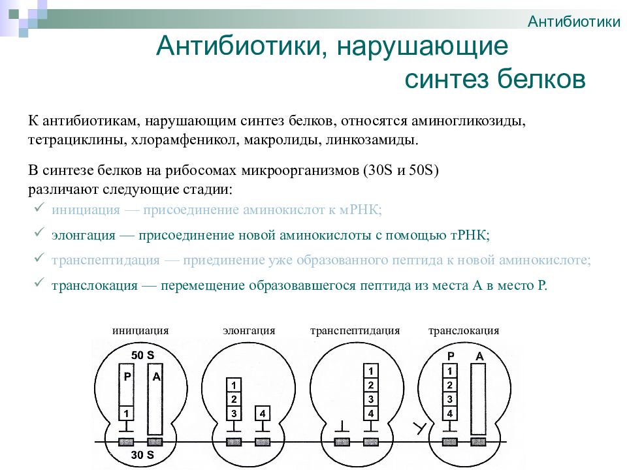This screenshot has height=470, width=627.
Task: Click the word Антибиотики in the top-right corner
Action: point(574,21)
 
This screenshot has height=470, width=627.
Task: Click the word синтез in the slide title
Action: point(447,79)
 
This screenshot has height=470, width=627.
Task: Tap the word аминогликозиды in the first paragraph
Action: point(468,121)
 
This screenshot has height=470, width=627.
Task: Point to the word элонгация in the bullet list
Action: point(84,235)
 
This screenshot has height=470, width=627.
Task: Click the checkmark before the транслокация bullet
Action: point(39,283)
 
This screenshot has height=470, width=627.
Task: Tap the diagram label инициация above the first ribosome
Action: point(140,330)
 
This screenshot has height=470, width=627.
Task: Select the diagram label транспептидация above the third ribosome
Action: point(355,330)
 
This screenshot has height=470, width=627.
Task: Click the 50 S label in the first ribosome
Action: point(142,355)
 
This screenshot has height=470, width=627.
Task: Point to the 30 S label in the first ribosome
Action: point(142,454)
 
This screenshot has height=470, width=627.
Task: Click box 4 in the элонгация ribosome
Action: point(263,413)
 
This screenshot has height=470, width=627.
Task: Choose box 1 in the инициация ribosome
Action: point(126,413)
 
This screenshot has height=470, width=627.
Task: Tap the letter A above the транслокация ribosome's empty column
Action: point(479,356)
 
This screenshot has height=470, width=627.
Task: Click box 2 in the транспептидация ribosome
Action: point(371,385)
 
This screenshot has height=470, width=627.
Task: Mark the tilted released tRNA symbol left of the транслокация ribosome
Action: point(419,428)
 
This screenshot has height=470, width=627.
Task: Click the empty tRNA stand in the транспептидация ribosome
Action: point(342,427)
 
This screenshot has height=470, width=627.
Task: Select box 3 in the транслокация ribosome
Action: point(450,399)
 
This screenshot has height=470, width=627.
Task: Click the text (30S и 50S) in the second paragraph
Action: point(401,170)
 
